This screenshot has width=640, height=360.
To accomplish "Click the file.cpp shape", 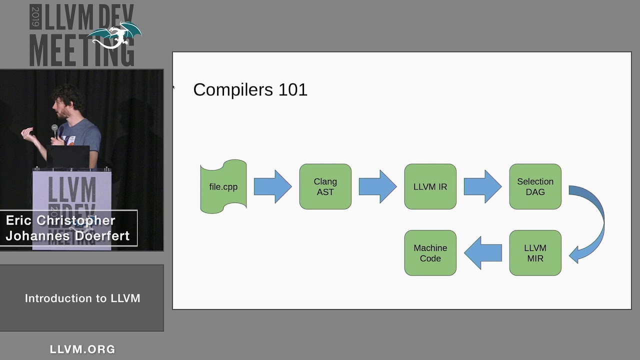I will point(223,186).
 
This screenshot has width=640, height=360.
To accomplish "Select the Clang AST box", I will point(325,186).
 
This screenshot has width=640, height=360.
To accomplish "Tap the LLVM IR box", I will point(430,186).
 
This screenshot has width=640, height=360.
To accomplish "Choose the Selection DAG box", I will point(535,186).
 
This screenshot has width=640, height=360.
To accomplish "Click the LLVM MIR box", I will point(535,253).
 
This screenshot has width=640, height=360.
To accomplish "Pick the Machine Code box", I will point(430,253).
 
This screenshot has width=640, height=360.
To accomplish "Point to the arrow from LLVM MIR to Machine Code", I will point(483,253).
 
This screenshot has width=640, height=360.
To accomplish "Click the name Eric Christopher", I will point(60,220).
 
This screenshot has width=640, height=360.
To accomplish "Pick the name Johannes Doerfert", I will point(67,235).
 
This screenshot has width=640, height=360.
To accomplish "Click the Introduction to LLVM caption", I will point(82,298).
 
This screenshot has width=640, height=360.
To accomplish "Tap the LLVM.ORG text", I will point(82,349).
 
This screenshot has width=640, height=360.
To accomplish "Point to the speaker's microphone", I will point(54,130).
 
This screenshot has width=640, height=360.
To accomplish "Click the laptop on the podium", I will point(68,157).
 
